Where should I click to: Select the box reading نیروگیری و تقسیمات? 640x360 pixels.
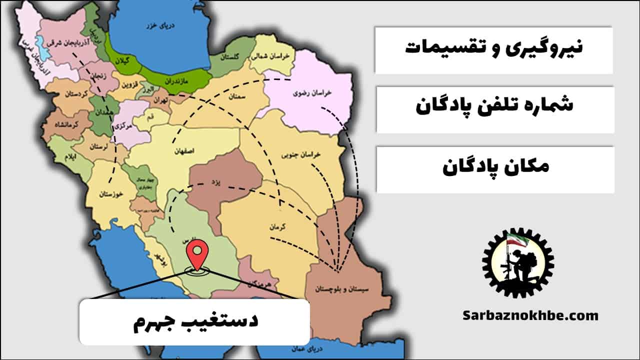pyautogui.click(x=493, y=49)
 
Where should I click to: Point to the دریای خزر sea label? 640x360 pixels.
pyautogui.click(x=155, y=25)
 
